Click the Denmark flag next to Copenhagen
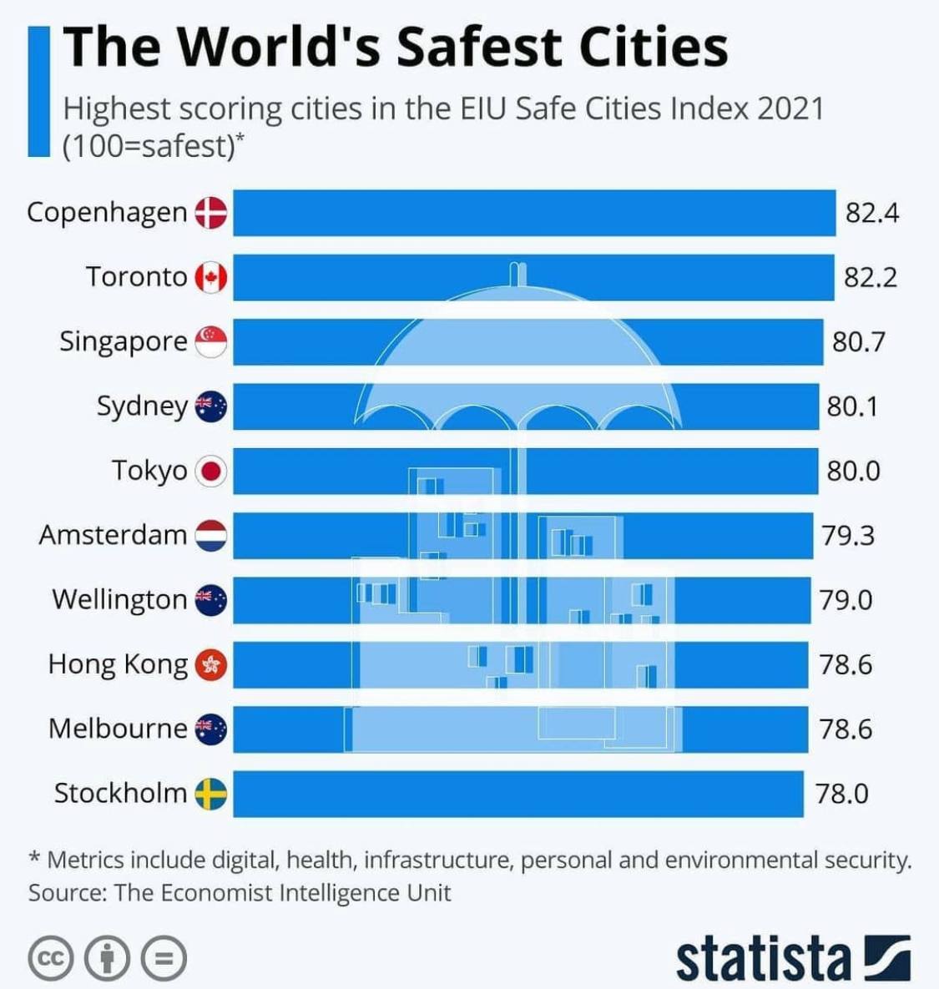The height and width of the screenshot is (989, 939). (211, 213)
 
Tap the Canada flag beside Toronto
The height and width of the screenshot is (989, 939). (211, 277)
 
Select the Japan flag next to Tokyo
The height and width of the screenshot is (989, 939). (211, 472)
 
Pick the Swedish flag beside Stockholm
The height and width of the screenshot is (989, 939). (211, 794)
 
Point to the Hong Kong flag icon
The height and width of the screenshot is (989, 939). (211, 665)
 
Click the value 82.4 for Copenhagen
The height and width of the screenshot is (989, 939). (872, 213)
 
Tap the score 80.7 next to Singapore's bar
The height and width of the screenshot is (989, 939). (859, 341)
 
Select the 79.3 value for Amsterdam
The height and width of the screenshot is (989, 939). (848, 535)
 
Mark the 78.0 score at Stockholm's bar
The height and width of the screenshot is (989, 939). (842, 793)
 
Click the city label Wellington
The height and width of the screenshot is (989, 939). (119, 599)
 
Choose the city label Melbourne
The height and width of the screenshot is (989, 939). (118, 729)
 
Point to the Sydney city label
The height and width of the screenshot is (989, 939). (142, 406)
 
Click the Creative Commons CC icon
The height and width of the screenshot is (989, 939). (52, 958)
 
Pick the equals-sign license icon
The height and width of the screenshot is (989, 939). (163, 958)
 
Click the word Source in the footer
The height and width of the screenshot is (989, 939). (66, 893)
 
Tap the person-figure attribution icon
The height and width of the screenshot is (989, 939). (107, 958)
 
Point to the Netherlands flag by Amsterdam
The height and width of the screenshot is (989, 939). (211, 535)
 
